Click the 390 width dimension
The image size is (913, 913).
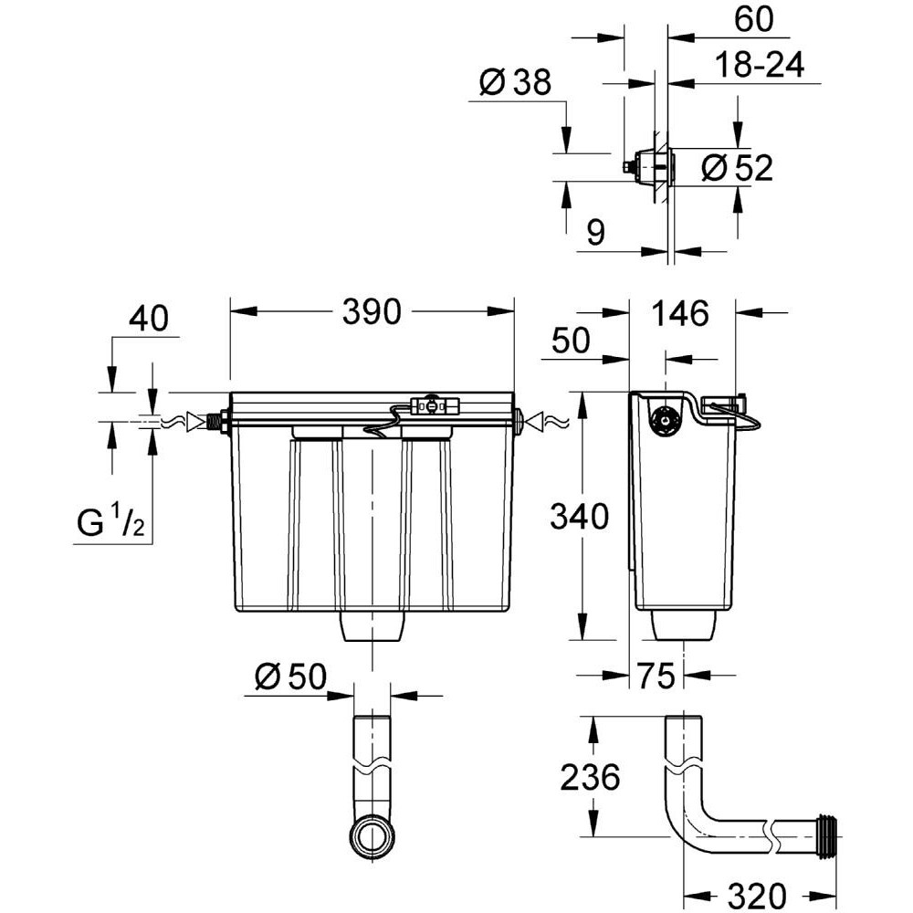[x=372, y=312]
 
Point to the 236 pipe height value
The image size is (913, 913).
[x=589, y=778]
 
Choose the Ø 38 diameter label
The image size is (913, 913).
[x=515, y=84]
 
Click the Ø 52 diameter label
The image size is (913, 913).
[x=738, y=168]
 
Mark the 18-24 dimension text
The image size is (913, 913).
[x=758, y=66]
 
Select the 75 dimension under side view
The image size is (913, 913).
[x=656, y=677]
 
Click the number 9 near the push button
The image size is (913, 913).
[x=594, y=233]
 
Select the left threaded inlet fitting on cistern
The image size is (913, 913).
[x=216, y=423]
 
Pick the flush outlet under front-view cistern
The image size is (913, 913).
[x=373, y=628]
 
